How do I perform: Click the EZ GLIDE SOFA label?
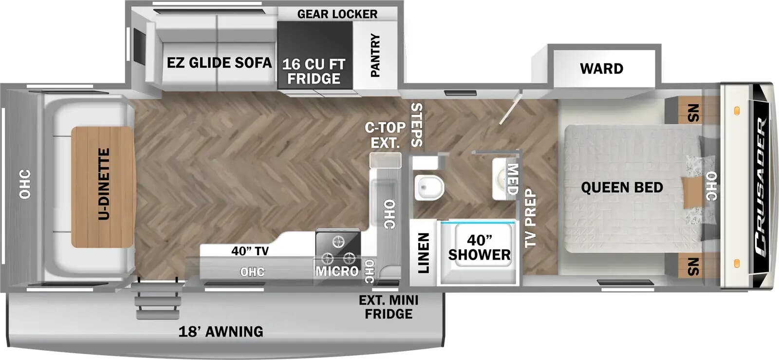[x=219, y=63]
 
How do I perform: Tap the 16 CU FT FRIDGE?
[x=315, y=55]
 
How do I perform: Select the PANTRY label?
[x=375, y=55]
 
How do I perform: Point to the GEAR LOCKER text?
[x=337, y=14]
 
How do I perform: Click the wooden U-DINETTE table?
[x=103, y=187]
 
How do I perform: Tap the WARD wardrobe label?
[x=602, y=69]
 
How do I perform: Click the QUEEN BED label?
[x=622, y=188]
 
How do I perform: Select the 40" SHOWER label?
[x=479, y=247]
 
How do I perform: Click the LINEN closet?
[x=423, y=253]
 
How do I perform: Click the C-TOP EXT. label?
[x=385, y=135]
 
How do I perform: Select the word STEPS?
[x=417, y=125]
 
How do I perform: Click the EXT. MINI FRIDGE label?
[x=389, y=307]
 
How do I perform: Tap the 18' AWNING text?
[x=221, y=331]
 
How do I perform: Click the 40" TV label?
[x=250, y=251]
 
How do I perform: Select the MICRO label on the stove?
[x=336, y=271]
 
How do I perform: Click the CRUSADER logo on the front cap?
[x=761, y=187]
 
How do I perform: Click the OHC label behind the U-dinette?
[x=25, y=184]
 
